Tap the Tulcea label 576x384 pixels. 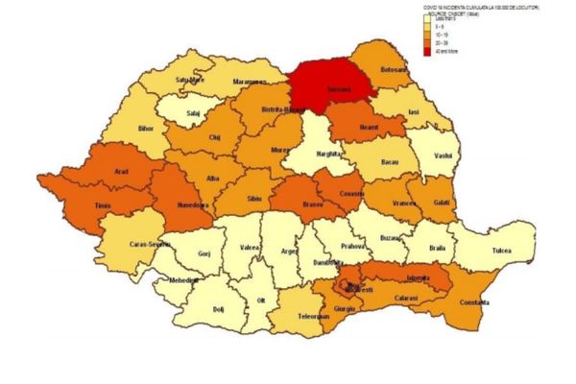point(494,252)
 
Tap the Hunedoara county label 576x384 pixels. point(196,204)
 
